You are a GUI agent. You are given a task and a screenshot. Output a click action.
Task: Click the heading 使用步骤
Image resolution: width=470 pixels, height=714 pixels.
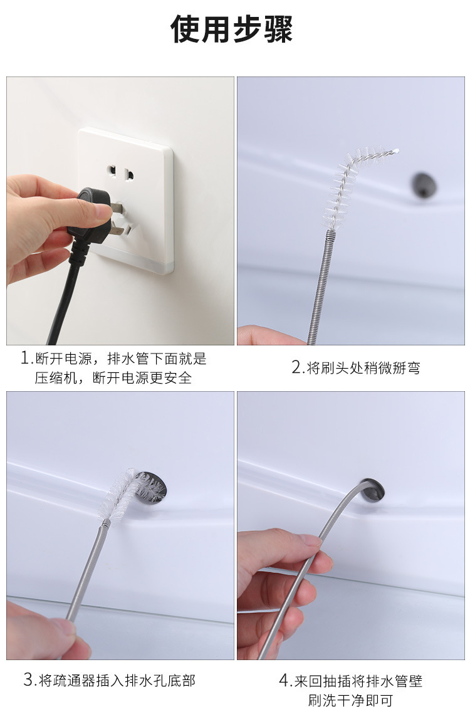coord(231,29)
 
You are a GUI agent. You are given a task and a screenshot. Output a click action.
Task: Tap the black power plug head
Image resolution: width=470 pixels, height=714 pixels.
coord(89,214)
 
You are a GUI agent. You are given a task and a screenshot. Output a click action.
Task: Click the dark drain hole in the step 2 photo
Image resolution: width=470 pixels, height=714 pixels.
coord(424,185)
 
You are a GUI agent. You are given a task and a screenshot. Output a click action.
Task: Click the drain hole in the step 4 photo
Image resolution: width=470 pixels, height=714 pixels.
coord(372,490)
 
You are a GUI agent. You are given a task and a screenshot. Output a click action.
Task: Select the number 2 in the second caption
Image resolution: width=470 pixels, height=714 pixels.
coord(297,367)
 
